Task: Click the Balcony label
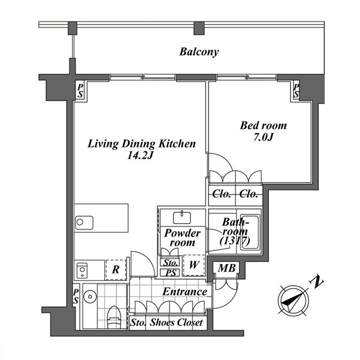click(199, 52)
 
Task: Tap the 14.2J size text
click(140, 156)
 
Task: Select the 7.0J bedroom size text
click(264, 137)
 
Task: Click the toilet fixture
click(114, 317)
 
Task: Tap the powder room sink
click(182, 217)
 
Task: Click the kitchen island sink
click(84, 222)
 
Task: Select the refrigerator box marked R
click(116, 270)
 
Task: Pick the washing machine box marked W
click(193, 265)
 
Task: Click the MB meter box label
click(226, 268)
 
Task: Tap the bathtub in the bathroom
click(250, 232)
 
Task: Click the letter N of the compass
click(317, 282)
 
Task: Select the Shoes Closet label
click(176, 323)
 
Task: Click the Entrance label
click(185, 292)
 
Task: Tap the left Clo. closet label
click(222, 194)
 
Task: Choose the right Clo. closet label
click(249, 194)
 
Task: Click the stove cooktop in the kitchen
click(82, 270)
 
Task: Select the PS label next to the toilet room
click(75, 296)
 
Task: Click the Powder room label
click(183, 238)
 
